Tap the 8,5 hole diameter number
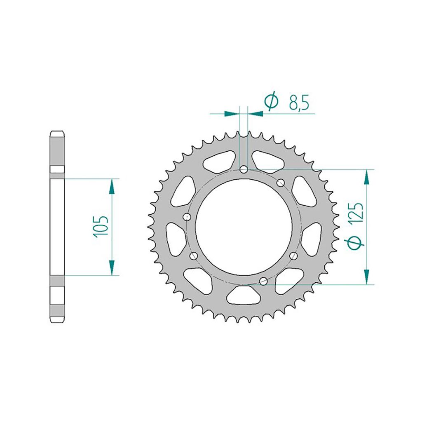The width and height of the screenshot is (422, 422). point(298,102)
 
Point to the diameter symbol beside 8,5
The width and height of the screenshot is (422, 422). point(271,101)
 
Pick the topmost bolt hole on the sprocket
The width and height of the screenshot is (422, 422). point(244,169)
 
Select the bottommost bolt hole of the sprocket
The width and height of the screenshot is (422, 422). point(263,281)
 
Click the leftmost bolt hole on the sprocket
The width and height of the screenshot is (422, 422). point(187,216)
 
